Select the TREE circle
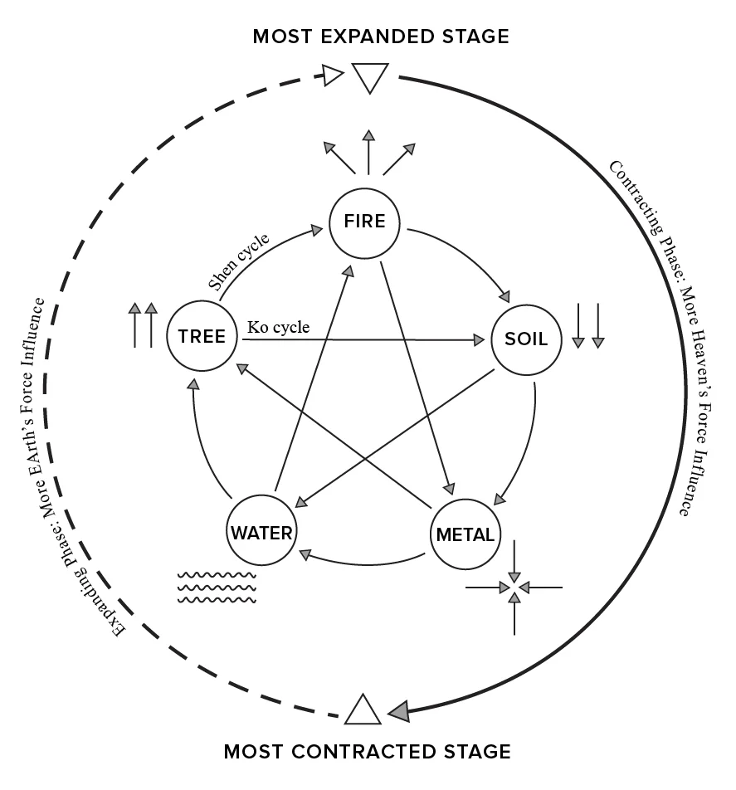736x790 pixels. [x=202, y=337]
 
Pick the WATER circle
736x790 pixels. [x=261, y=532]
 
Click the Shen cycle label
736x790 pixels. [x=239, y=263]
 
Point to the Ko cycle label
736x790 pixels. [x=279, y=328]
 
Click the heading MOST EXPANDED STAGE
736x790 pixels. [x=381, y=37]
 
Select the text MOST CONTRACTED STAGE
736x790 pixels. [x=368, y=753]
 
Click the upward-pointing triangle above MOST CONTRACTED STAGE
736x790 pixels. [x=362, y=710]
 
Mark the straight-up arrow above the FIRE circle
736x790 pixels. [x=368, y=151]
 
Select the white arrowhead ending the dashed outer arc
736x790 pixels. [x=333, y=77]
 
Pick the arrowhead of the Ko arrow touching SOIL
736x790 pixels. [x=479, y=340]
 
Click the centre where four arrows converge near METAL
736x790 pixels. [x=514, y=588]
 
